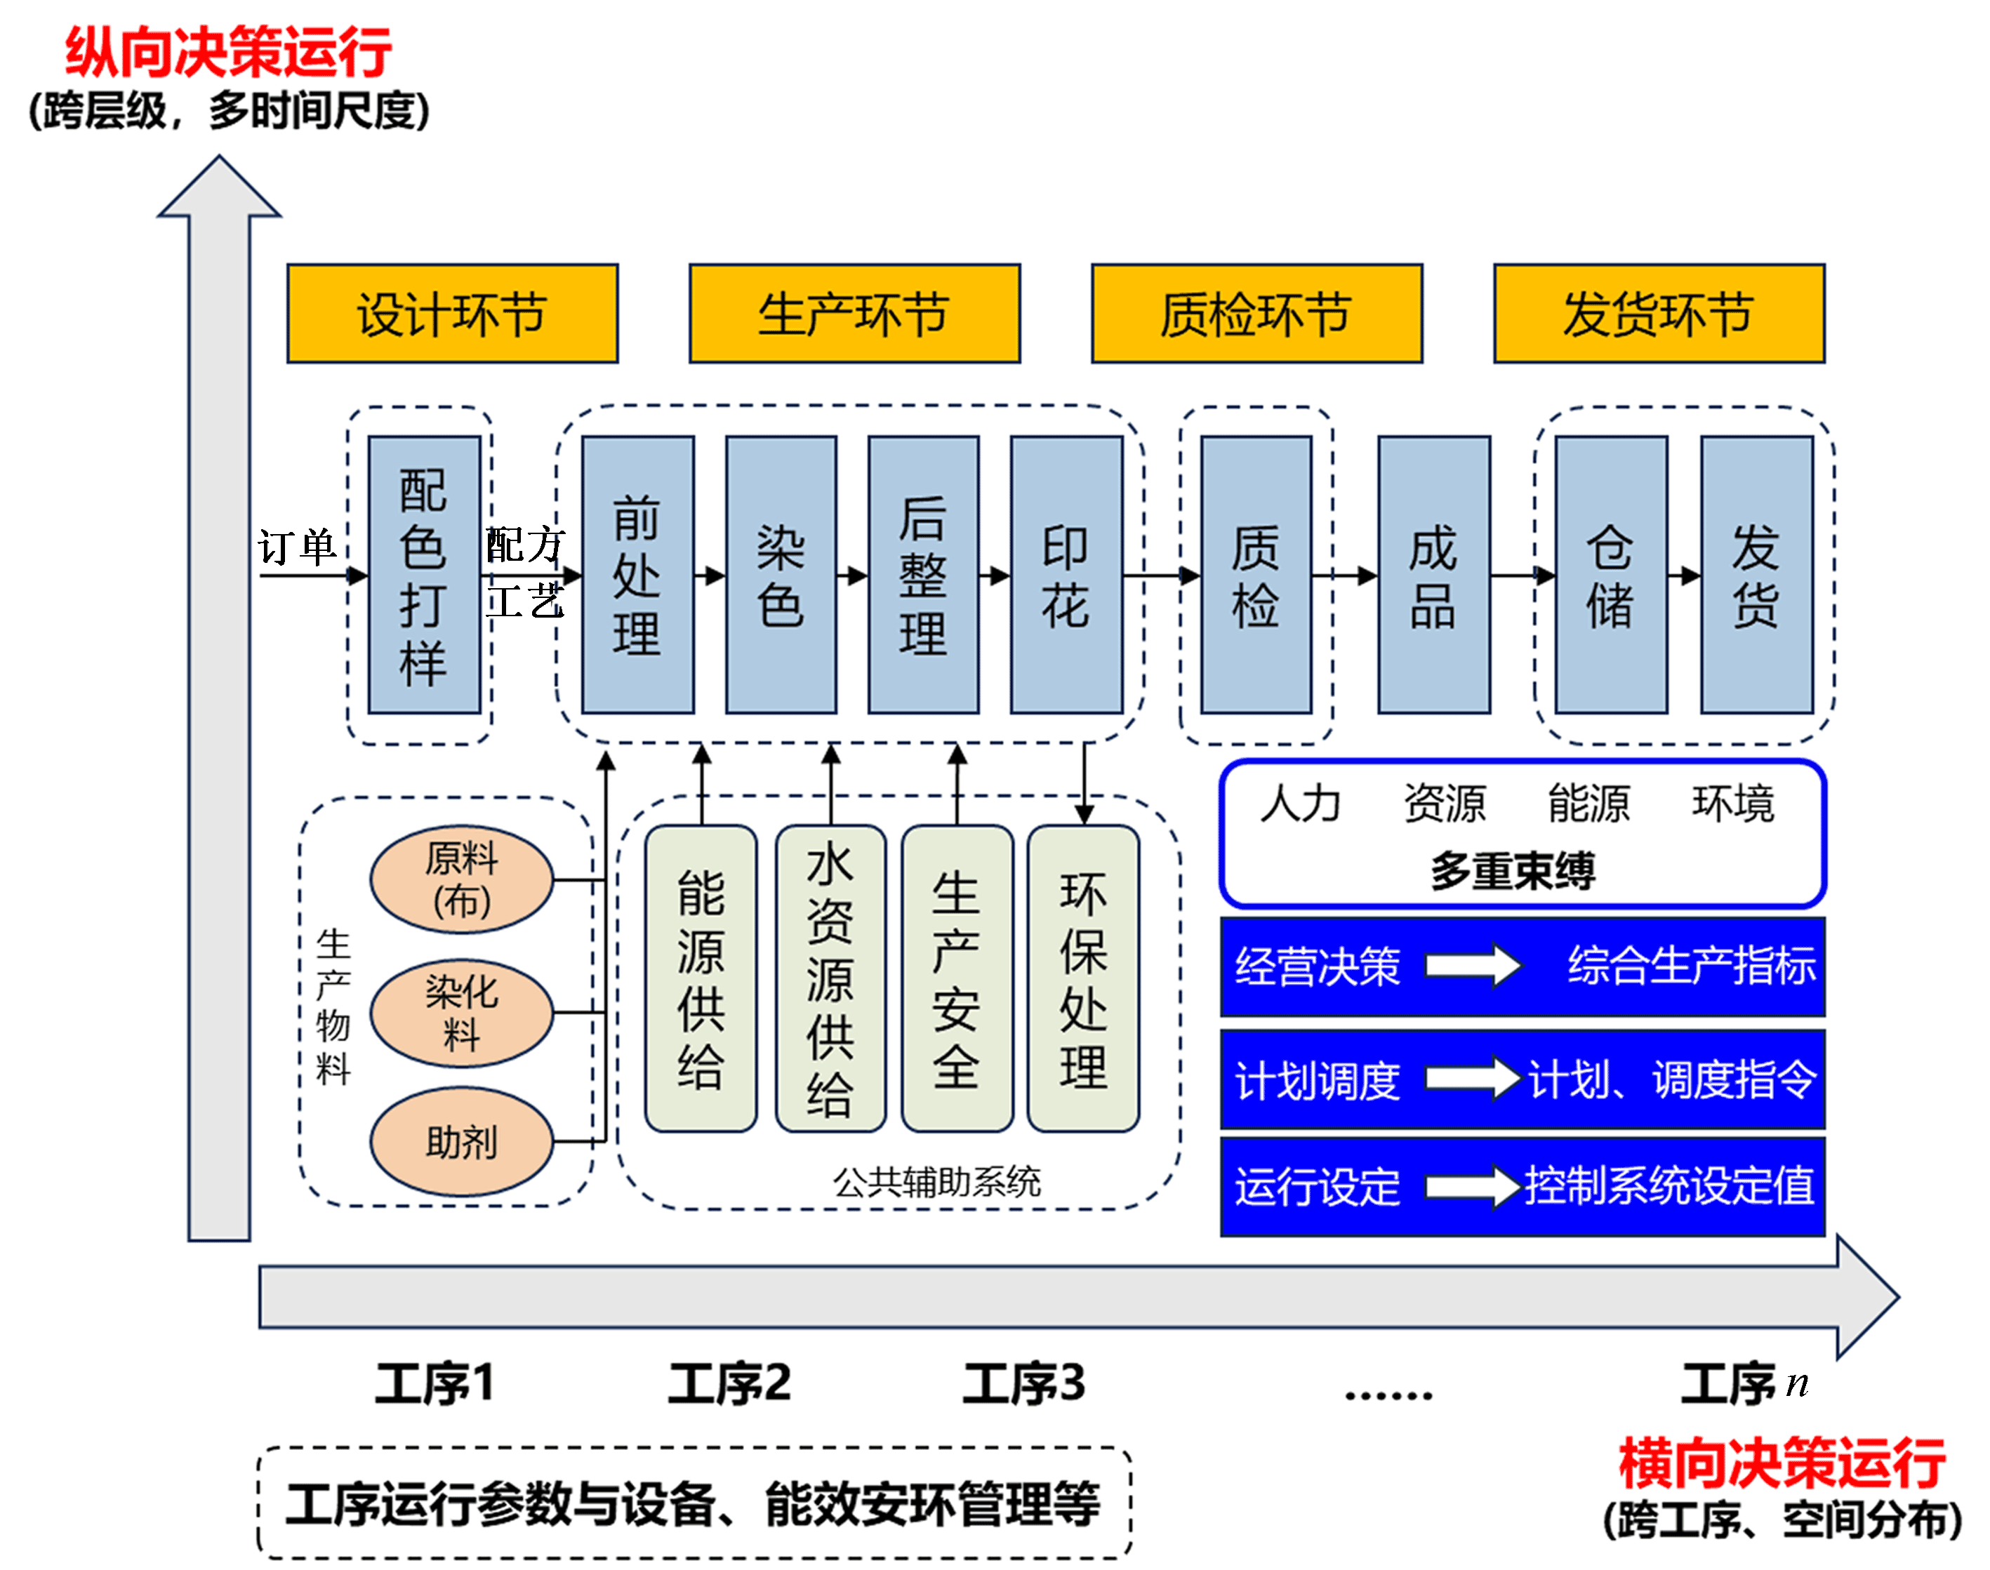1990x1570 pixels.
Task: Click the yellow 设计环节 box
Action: [452, 314]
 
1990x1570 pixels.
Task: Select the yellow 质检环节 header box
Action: [1256, 314]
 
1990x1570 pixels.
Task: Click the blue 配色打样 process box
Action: [424, 575]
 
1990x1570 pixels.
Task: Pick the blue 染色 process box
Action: [781, 575]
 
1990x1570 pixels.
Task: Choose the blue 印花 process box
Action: [1066, 575]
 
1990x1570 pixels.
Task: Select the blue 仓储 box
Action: [1610, 575]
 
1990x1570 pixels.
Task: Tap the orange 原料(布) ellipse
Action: [461, 879]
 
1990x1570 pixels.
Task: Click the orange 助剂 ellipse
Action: [461, 1142]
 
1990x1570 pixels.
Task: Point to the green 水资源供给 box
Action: [830, 978]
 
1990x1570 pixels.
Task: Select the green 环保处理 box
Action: [1083, 978]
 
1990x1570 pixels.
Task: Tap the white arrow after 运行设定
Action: [1473, 1187]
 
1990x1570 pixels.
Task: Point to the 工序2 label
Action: [729, 1383]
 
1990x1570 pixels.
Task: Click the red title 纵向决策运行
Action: [228, 53]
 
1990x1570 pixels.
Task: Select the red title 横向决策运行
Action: [1782, 1463]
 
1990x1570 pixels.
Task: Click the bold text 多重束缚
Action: [1512, 870]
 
